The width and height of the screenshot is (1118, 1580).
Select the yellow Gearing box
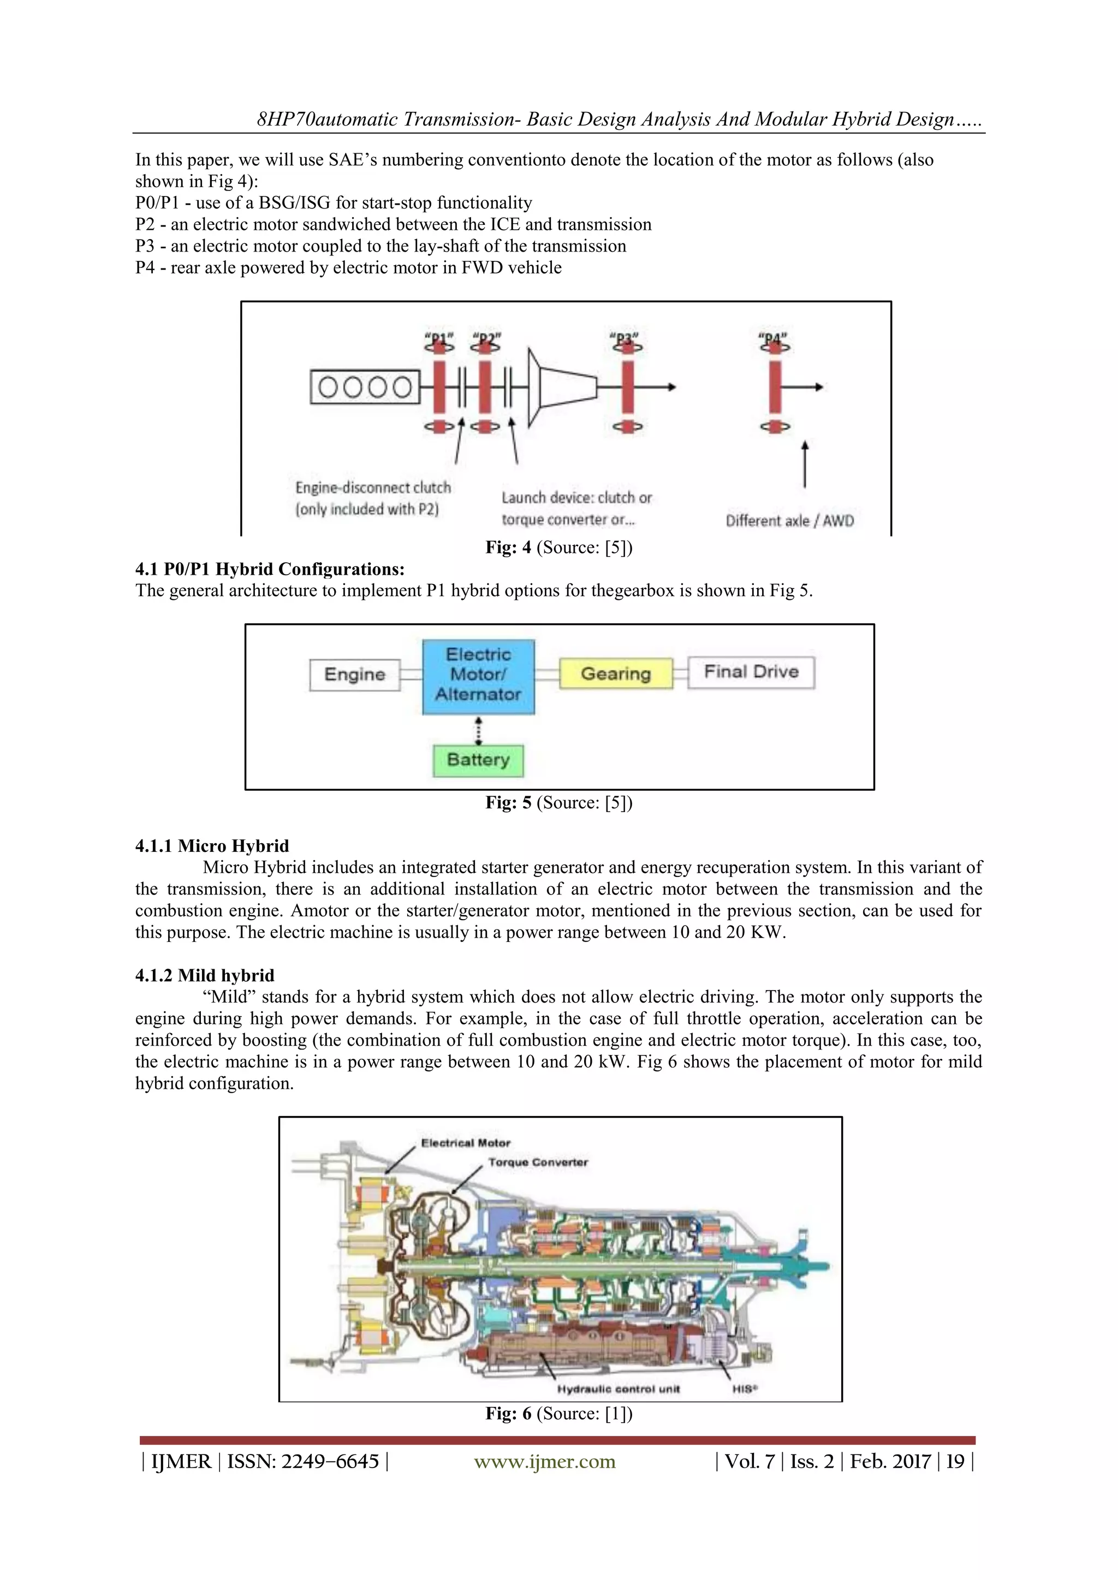coord(615,673)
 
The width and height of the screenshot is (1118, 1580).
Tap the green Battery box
coord(478,760)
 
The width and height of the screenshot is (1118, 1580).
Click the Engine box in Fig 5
coord(354,675)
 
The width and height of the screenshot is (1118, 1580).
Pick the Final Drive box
coord(751,672)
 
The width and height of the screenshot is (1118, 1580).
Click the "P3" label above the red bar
coord(625,338)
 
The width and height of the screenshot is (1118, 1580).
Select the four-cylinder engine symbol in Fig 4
coord(365,387)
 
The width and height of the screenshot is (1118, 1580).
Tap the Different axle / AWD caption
coord(789,521)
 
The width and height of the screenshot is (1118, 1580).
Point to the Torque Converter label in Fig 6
coord(538,1162)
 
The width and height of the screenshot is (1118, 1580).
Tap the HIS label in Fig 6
coord(745,1388)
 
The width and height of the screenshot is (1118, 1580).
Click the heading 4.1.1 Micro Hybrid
coord(212,846)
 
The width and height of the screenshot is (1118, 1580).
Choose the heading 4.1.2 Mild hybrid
coord(205,975)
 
